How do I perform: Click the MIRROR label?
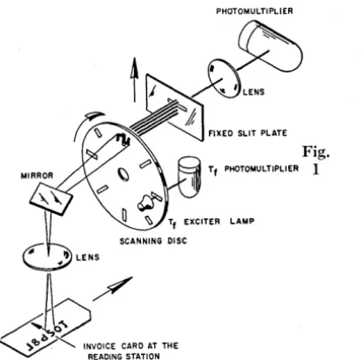coord(37,176)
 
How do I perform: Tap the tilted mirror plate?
coord(51,199)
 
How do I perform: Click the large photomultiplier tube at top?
coord(270,45)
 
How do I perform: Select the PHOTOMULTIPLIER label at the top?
coord(254,11)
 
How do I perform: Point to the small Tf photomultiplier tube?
coord(190,177)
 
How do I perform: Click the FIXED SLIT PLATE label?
coord(247,133)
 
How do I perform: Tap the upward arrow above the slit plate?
coord(134,79)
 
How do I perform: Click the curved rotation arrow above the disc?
coord(87,123)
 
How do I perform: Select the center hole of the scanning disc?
coord(124,174)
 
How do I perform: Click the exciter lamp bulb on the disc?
coord(145,203)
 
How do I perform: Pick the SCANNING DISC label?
coord(153,241)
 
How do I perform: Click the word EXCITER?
coord(202,222)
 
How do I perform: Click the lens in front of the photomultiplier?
coord(224,78)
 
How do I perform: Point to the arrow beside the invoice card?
coord(112,289)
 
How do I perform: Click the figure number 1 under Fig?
coord(316,170)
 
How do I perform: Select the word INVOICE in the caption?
coord(99,346)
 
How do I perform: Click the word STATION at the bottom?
coord(143,356)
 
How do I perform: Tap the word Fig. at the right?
coord(316,152)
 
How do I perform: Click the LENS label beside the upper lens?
coord(254,92)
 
